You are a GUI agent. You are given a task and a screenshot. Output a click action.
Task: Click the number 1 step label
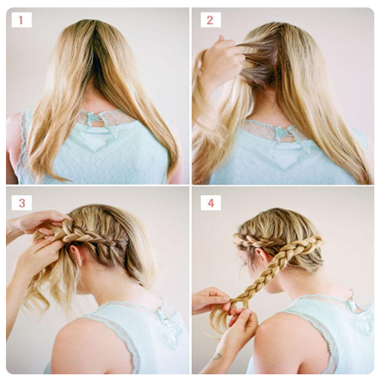pyautogui.click(x=22, y=20)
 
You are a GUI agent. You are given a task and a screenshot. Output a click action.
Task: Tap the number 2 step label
pyautogui.click(x=211, y=20)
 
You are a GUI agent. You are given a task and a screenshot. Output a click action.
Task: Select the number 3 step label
pyautogui.click(x=22, y=203)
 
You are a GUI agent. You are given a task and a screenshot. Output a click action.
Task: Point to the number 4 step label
pyautogui.click(x=211, y=203)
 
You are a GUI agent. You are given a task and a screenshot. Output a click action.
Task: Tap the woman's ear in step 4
pyautogui.click(x=260, y=255)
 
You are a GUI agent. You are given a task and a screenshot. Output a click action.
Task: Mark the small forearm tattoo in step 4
pyautogui.click(x=217, y=356)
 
